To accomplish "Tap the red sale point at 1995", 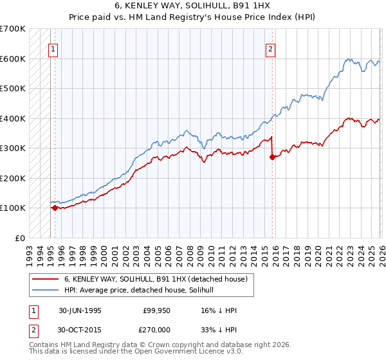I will (55, 208).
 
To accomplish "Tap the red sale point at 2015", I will (272, 157).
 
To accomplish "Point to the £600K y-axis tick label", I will (13, 59).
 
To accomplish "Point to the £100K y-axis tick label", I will (13, 208).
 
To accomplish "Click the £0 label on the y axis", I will (21, 238).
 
